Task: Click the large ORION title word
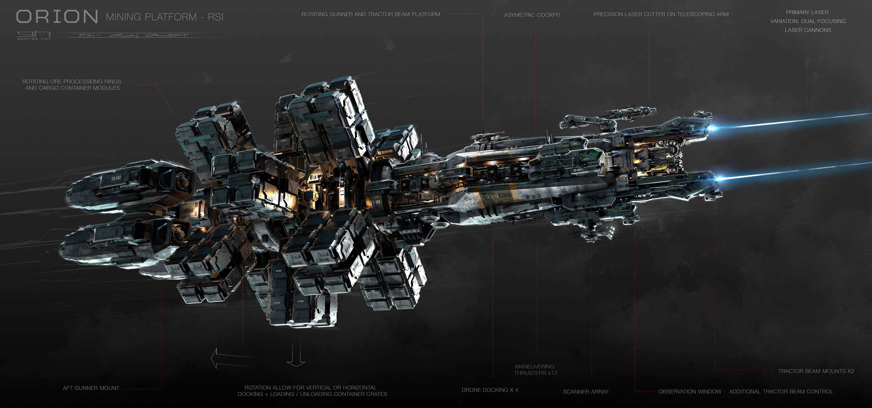click(57, 17)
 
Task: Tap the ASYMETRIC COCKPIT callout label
click(532, 15)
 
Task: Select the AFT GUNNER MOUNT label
click(91, 388)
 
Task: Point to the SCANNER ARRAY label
click(586, 392)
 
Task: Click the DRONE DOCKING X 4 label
click(490, 390)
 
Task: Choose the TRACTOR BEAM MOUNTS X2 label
click(816, 371)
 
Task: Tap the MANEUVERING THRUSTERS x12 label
click(535, 370)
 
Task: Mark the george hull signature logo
click(34, 35)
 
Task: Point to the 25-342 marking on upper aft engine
click(116, 178)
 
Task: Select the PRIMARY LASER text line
click(807, 12)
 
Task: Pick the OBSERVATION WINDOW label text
click(690, 392)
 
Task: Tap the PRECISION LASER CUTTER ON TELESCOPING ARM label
click(661, 14)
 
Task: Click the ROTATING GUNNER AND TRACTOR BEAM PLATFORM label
click(371, 14)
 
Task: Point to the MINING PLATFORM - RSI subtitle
click(164, 17)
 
